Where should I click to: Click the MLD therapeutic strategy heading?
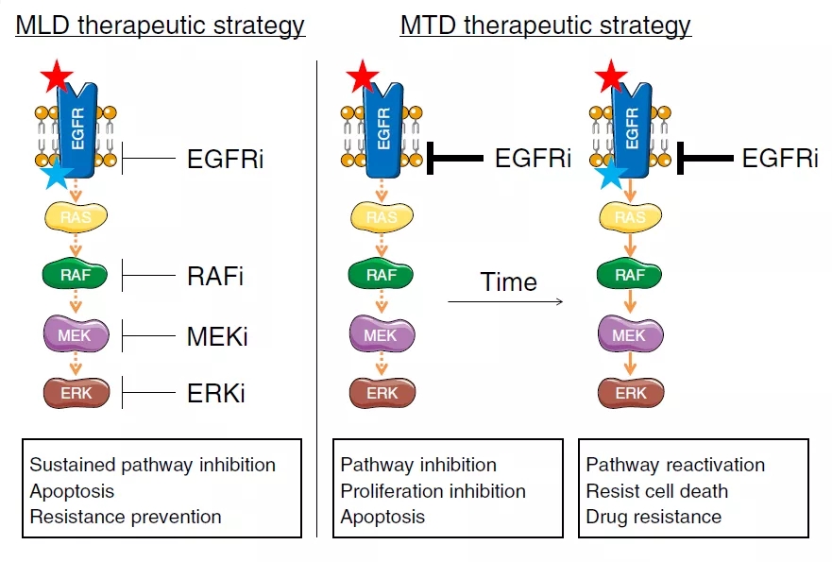pos(160,25)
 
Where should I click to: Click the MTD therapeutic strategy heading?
pos(545,25)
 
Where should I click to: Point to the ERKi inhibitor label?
pos(216,392)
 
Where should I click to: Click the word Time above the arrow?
pos(508,281)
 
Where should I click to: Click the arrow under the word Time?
pos(505,302)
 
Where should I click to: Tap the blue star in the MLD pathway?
pos(58,174)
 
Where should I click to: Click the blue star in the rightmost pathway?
pos(614,174)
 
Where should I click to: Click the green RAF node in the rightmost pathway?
pos(631,276)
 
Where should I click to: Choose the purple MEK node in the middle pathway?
pos(382,334)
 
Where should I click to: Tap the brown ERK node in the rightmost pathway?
pos(631,392)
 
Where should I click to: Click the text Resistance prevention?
pos(126,517)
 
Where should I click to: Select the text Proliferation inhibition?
pos(433,491)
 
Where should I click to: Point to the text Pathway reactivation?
pos(675,465)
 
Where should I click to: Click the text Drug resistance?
pos(654,517)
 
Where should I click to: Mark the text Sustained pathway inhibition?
pos(152,465)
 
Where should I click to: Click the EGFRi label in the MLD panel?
pos(225,159)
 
